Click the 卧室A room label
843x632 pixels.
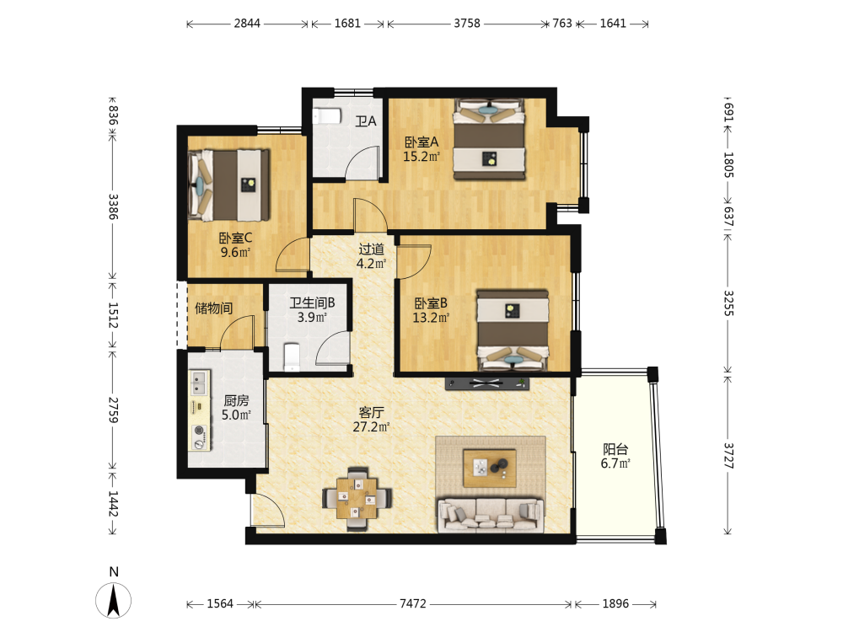tap(421, 142)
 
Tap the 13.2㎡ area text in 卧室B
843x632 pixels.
tap(431, 318)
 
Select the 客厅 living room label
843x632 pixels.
tap(371, 412)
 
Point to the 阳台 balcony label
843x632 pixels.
tap(615, 449)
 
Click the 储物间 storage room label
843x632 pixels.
tap(213, 308)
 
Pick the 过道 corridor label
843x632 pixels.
tap(371, 249)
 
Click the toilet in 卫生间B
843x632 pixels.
tap(292, 356)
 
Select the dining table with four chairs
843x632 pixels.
tap(357, 499)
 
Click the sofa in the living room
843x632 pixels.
tap(490, 515)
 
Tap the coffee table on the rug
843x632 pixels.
tap(489, 468)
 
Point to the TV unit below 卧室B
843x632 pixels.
tap(486, 383)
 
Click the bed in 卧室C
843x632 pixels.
tap(229, 185)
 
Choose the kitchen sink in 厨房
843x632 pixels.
tap(199, 383)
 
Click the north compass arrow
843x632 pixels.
tap(114, 600)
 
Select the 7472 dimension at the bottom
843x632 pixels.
tap(413, 604)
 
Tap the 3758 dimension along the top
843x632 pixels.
tap(467, 24)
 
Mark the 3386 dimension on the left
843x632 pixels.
tap(113, 206)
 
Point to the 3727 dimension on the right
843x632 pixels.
tap(728, 455)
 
